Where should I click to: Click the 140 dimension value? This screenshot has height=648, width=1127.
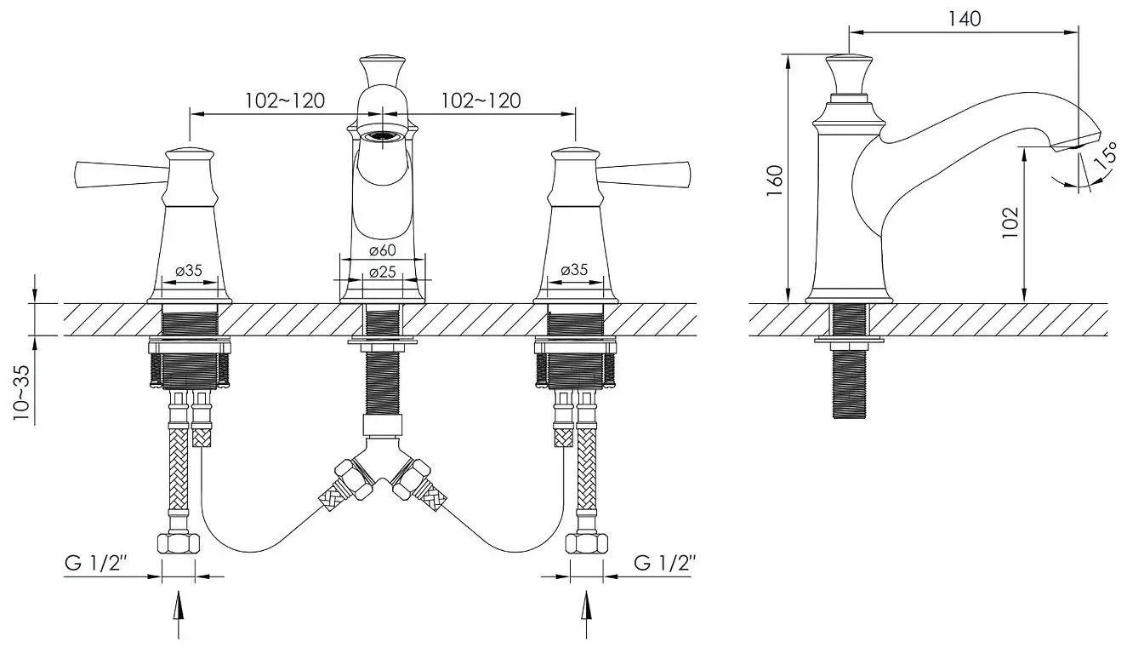pyautogui.click(x=965, y=19)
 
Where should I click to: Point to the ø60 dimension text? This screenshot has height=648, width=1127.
pyautogui.click(x=383, y=249)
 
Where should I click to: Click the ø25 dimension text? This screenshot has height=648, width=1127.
pyautogui.click(x=383, y=272)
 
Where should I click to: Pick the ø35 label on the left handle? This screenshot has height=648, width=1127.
pyautogui.click(x=189, y=271)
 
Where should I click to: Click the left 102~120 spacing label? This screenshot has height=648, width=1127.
pyautogui.click(x=285, y=100)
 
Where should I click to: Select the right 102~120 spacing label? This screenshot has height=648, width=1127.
pyautogui.click(x=481, y=100)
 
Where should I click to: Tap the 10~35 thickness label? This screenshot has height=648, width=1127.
pyautogui.click(x=21, y=393)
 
